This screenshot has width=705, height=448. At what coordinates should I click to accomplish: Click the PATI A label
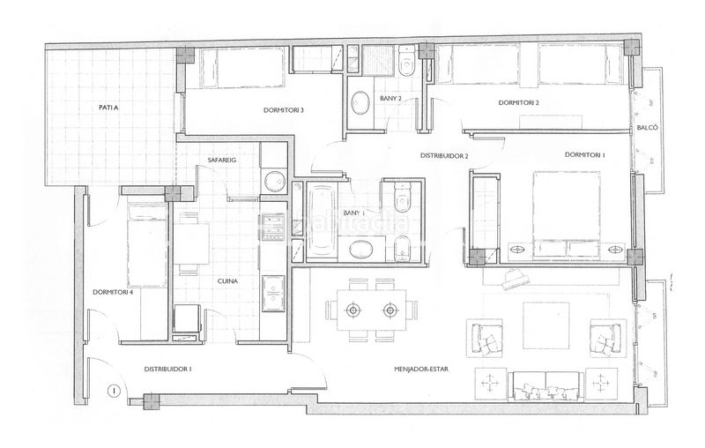(x=108, y=108)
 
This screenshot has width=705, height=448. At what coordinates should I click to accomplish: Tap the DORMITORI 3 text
(x=284, y=110)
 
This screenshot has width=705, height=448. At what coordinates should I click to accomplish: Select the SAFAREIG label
(x=222, y=160)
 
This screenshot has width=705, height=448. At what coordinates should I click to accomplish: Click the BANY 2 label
(x=390, y=98)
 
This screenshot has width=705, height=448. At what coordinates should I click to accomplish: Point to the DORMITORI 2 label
(x=519, y=103)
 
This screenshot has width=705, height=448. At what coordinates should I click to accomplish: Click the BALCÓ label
(x=648, y=128)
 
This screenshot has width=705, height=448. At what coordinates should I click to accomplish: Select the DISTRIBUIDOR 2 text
(x=444, y=156)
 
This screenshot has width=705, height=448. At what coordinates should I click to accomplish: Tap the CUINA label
(x=227, y=281)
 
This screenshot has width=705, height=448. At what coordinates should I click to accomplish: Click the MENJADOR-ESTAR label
(x=421, y=370)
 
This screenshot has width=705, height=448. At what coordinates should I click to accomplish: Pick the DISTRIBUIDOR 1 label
(x=168, y=369)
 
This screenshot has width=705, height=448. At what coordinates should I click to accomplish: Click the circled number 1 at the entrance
(x=115, y=392)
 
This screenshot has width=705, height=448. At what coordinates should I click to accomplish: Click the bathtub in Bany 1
(x=321, y=220)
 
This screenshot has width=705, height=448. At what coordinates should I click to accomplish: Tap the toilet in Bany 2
(x=406, y=63)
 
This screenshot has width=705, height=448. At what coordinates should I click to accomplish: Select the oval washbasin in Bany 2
(x=360, y=103)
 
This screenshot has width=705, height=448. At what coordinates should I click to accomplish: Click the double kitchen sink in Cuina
(x=273, y=294)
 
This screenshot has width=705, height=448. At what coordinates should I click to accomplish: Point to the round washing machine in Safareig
(x=274, y=182)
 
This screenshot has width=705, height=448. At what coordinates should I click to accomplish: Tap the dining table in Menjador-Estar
(x=372, y=310)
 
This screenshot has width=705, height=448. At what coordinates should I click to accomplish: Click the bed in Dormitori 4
(x=147, y=243)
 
